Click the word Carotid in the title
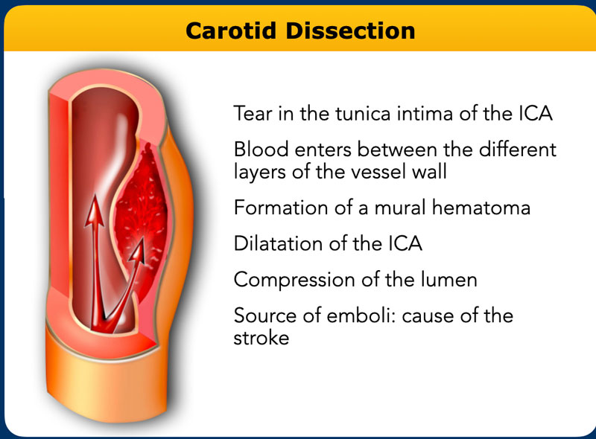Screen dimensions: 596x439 tap(231, 31)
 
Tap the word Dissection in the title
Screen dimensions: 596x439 tap(350, 31)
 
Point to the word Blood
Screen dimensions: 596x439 tap(261, 149)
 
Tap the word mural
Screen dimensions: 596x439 tap(399, 208)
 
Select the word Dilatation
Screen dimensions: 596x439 tap(278, 243)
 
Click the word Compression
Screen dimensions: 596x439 tap(294, 280)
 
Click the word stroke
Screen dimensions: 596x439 tap(261, 338)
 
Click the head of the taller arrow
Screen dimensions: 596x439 tap(95, 212)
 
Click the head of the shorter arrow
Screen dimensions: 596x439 tap(138, 251)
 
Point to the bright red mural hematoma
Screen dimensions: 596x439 tap(142, 213)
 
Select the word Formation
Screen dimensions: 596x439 tap(281, 208)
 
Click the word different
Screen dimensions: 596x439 tap(517, 149)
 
